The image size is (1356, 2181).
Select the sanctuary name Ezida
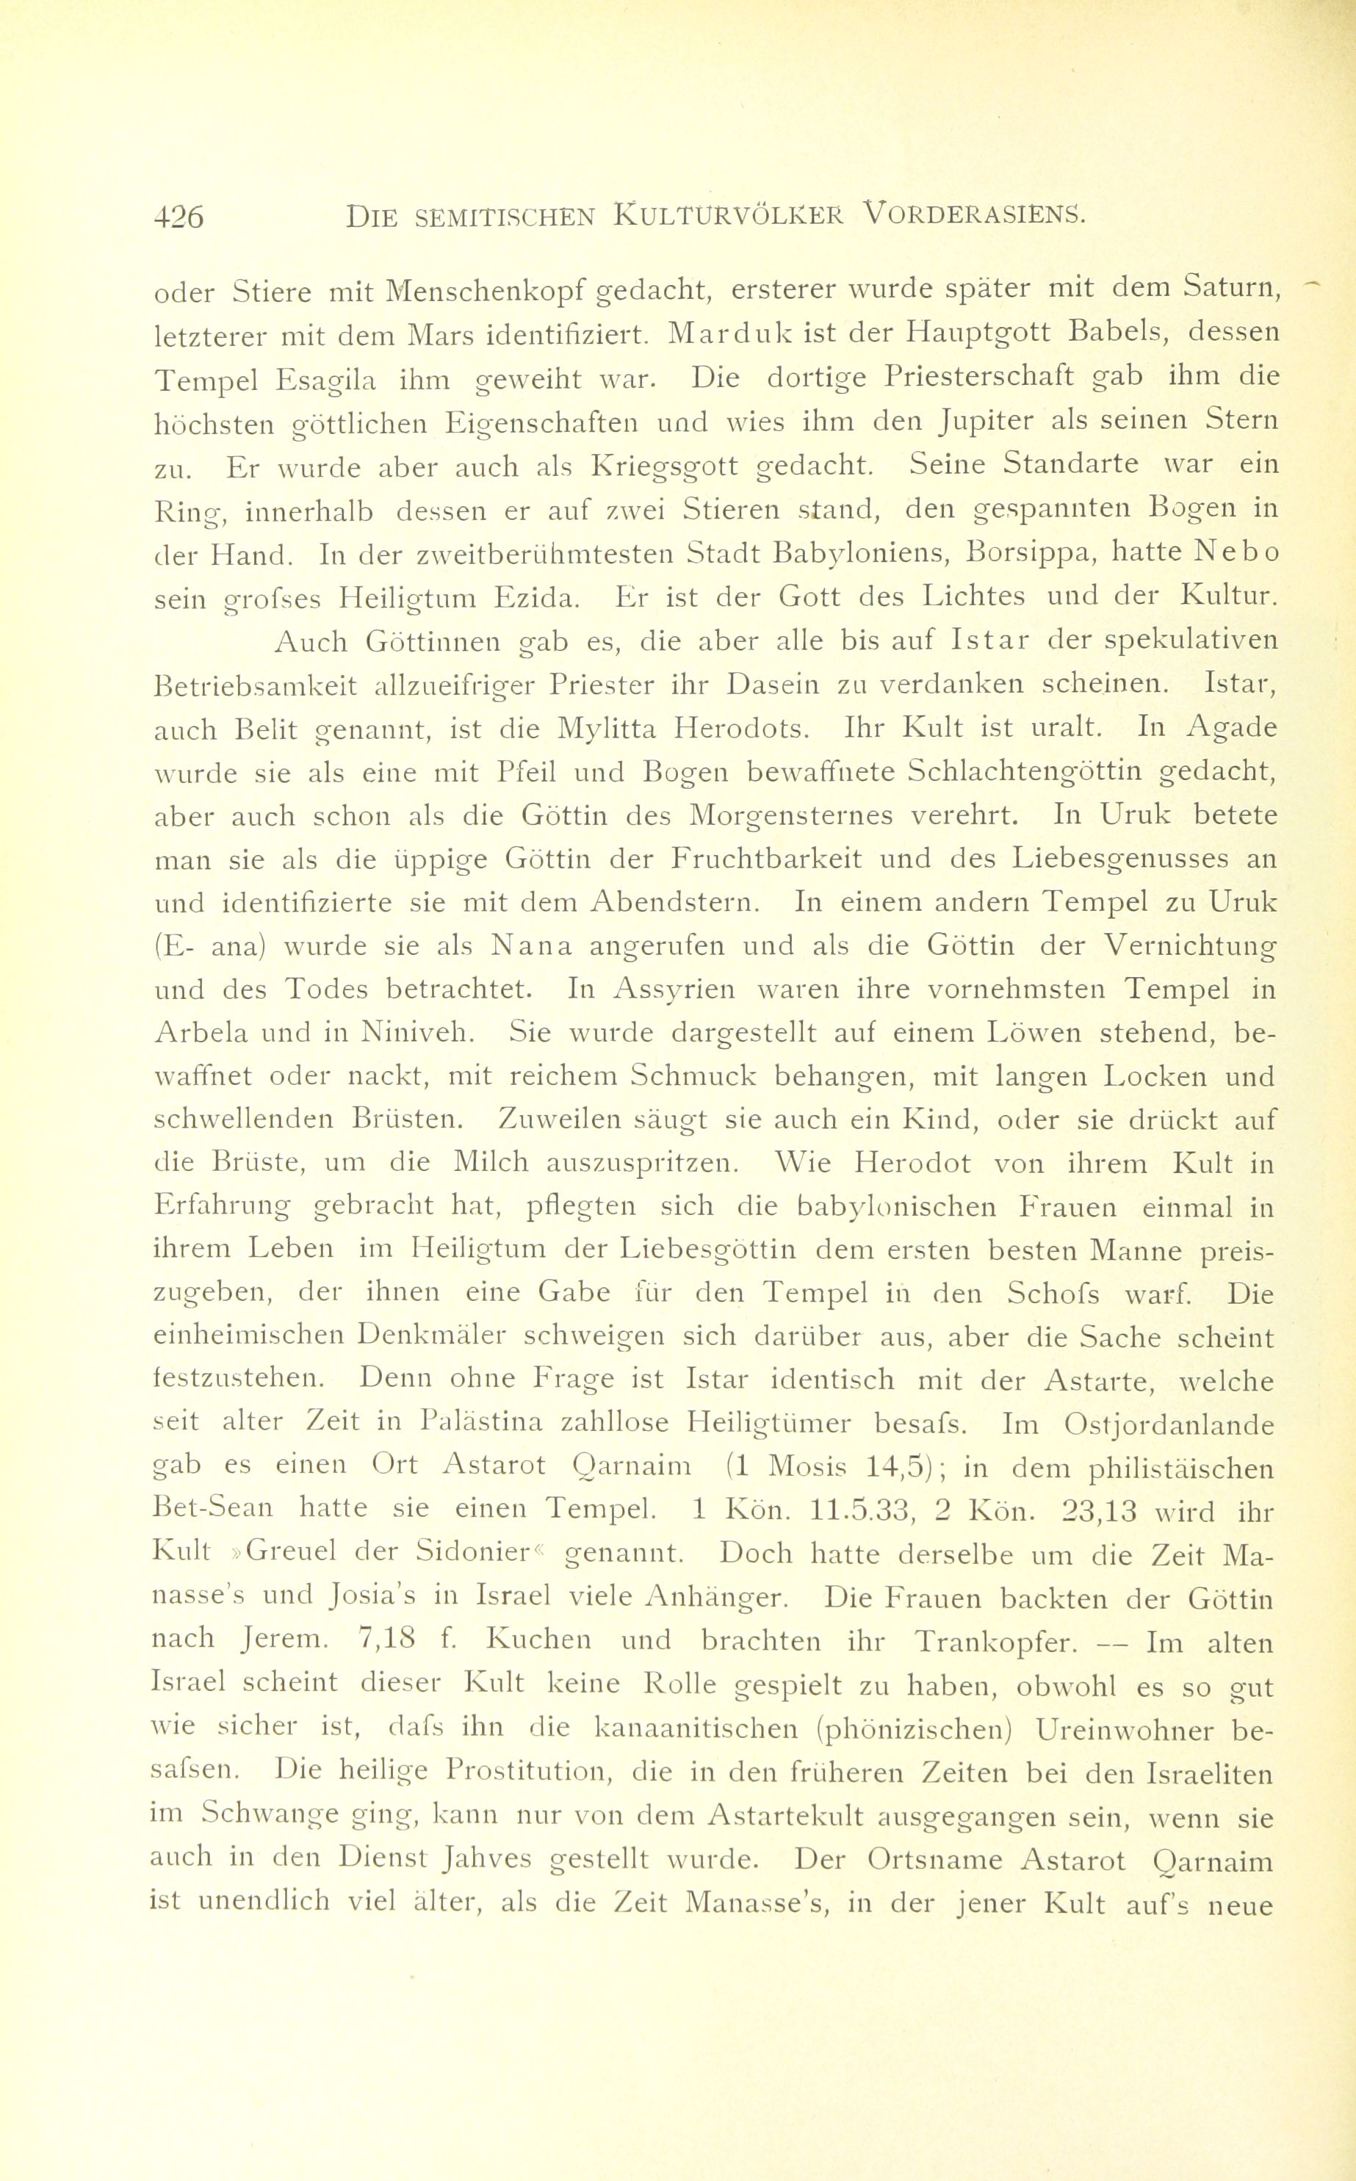(538, 597)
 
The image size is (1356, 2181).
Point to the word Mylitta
(610, 730)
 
